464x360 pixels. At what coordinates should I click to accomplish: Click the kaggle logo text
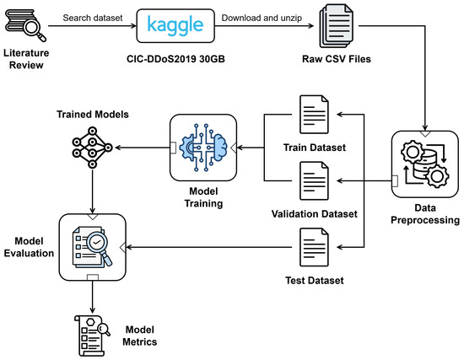175,25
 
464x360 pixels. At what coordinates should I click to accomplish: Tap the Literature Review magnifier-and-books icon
26,26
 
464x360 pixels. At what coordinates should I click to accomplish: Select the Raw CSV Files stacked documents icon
336,26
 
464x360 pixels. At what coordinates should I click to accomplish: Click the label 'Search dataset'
93,18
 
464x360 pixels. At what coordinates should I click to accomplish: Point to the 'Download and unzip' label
262,18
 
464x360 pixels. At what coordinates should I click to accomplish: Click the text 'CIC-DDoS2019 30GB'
175,59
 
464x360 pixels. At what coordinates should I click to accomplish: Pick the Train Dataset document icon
314,115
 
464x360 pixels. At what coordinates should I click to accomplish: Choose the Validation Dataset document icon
314,180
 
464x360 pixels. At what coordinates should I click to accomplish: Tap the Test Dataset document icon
314,247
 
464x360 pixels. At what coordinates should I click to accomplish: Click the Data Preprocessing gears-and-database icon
425,164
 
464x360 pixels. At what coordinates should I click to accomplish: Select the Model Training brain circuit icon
203,148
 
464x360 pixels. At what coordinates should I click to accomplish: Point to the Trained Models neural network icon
92,148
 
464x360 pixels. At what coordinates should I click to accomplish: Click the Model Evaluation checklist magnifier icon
92,247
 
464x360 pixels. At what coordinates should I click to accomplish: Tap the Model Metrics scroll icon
92,336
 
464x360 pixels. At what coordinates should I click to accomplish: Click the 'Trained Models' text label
93,115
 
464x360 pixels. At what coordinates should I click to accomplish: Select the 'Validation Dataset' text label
315,214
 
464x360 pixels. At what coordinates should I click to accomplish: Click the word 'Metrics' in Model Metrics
140,342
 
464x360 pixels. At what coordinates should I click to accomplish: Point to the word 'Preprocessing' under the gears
425,220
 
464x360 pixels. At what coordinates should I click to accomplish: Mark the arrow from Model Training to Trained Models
143,148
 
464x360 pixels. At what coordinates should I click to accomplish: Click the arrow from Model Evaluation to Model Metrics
92,297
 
